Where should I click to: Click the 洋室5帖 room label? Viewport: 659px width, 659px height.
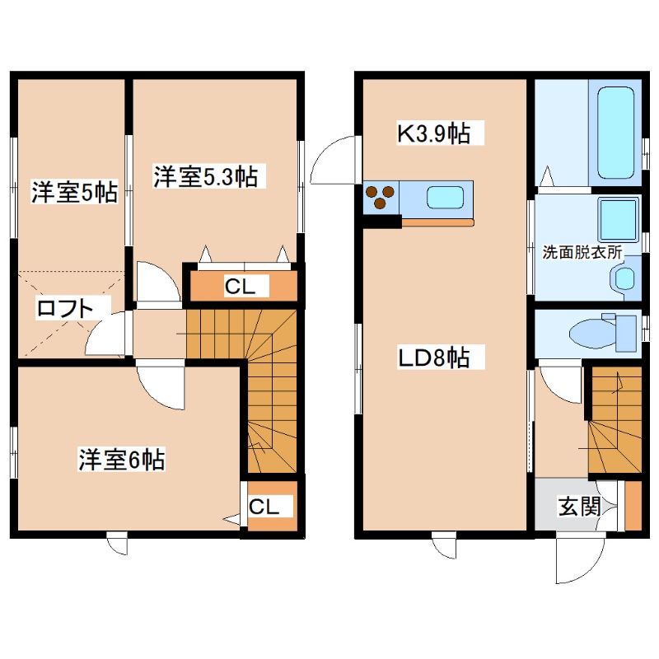pyautogui.click(x=73, y=193)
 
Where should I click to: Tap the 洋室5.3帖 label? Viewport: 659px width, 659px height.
pyautogui.click(x=205, y=176)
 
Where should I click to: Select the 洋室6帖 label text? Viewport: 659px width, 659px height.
pyautogui.click(x=122, y=460)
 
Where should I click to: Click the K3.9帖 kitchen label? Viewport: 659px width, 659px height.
pyautogui.click(x=434, y=133)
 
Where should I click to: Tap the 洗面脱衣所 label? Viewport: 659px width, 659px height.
pyautogui.click(x=582, y=253)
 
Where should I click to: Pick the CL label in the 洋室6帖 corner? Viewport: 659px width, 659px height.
pyautogui.click(x=265, y=507)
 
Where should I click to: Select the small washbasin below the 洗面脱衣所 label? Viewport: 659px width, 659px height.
pyautogui.click(x=627, y=279)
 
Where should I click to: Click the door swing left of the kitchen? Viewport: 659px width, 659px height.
pyautogui.click(x=336, y=161)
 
